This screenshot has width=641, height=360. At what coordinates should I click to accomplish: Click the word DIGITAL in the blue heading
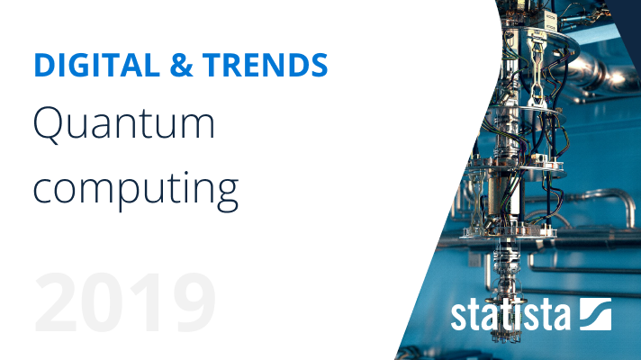[x=97, y=65]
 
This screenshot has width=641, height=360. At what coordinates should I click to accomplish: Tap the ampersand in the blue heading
[x=181, y=65]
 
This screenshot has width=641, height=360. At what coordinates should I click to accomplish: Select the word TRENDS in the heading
[x=265, y=65]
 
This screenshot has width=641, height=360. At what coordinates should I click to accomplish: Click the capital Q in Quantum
[x=49, y=125]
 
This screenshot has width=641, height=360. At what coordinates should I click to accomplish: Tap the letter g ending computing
[x=226, y=196]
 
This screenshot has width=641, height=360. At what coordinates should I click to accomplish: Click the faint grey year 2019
[x=124, y=302]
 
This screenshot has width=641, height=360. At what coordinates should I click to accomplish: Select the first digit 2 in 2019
[x=57, y=302]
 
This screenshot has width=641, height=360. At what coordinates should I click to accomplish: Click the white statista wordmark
[x=510, y=315]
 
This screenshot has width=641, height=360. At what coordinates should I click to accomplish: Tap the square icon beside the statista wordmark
[x=596, y=314]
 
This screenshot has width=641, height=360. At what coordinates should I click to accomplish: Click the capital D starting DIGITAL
[x=45, y=65]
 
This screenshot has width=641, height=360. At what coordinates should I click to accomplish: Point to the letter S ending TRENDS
[x=318, y=65]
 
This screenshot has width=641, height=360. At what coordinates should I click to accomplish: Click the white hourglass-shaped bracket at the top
[x=537, y=69]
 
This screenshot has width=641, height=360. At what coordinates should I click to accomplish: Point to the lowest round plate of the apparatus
[x=509, y=232]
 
